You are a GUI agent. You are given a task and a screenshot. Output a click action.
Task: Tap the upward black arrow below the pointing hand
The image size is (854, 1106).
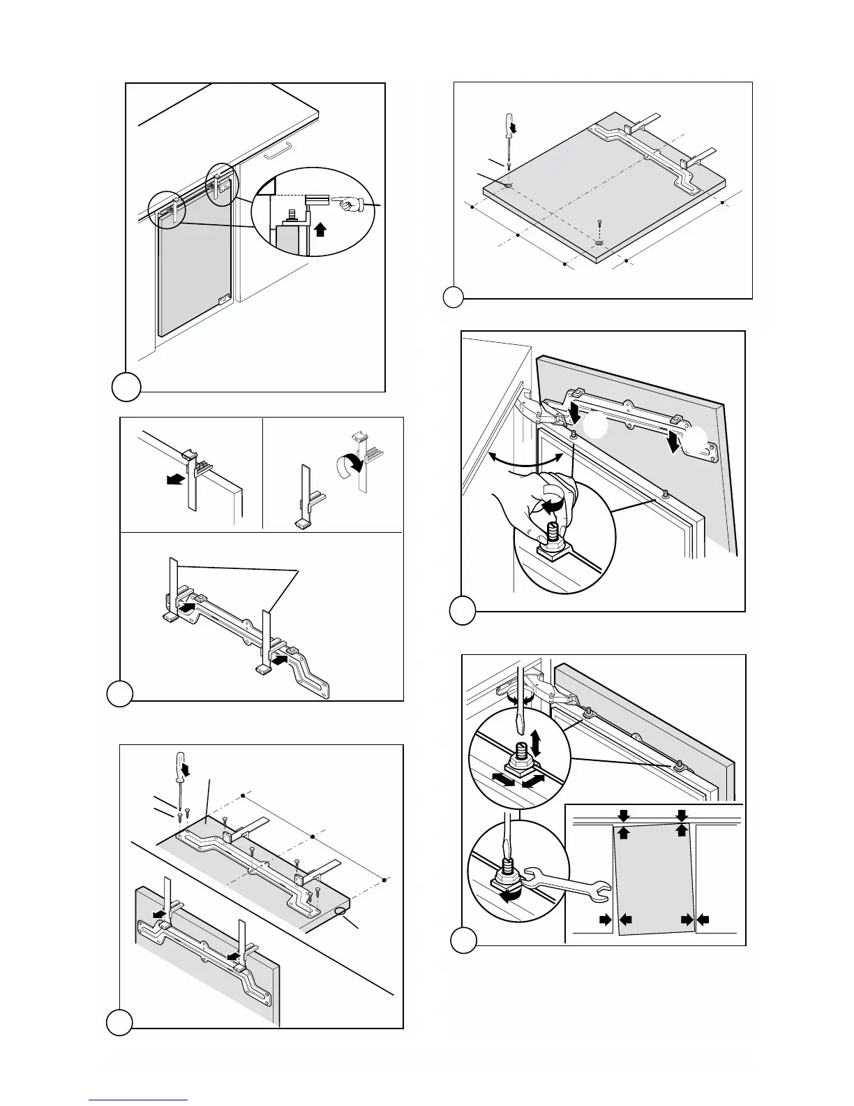(320, 228)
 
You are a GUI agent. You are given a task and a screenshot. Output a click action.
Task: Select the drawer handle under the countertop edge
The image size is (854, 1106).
(277, 150)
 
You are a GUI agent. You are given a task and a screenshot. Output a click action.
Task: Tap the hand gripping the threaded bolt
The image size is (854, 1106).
(537, 503)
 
